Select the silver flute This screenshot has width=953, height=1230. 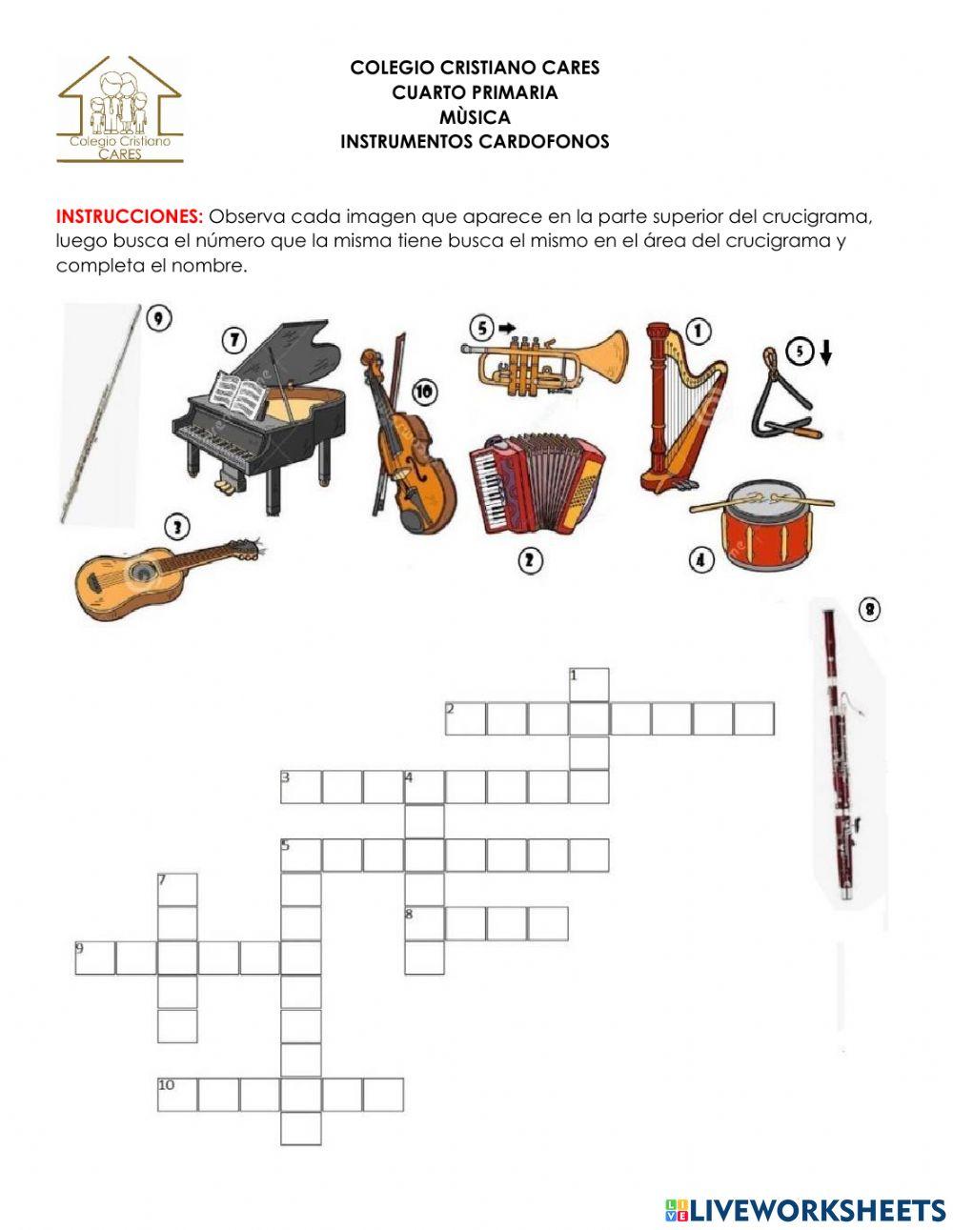click(100, 414)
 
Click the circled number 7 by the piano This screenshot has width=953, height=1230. click(234, 338)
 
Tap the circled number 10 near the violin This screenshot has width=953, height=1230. click(424, 392)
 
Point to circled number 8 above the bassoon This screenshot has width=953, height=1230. click(868, 609)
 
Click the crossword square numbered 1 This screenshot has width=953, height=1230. click(589, 684)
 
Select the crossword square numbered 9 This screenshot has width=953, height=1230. click(95, 958)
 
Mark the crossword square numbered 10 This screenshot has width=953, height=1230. click(177, 1095)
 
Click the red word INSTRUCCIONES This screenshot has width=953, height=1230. click(130, 215)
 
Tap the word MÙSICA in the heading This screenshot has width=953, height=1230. click(475, 117)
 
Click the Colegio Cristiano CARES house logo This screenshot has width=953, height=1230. click(120, 110)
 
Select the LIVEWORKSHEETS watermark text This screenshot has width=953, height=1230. click(816, 1210)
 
